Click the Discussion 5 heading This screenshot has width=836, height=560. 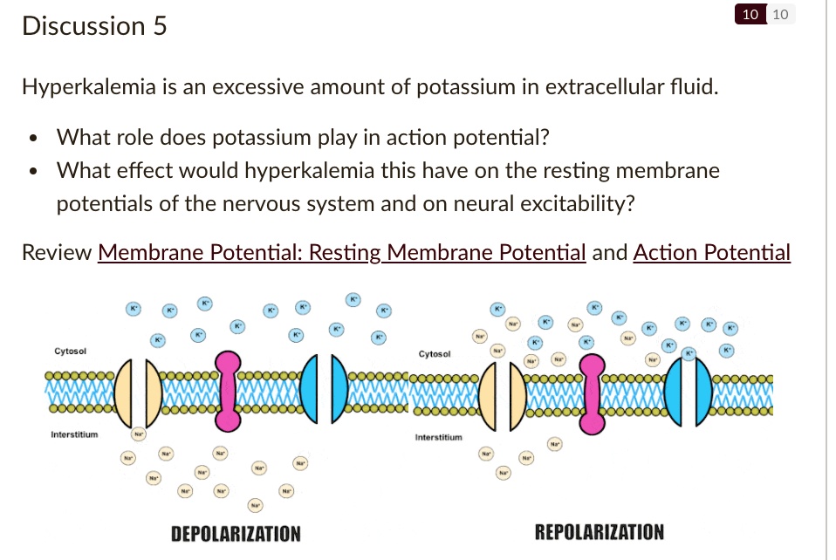coord(94,26)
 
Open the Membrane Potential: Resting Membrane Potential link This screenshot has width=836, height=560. coord(341,253)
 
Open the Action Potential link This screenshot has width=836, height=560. coord(711,253)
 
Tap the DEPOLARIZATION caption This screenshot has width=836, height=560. coord(236,533)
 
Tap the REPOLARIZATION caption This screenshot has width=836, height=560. coord(599,531)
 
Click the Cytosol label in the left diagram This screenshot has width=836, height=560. coord(70,351)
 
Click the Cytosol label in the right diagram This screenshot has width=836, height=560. coord(435,354)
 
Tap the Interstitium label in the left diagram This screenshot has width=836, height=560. coord(74,434)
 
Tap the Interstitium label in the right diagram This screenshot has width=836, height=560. coord(439,436)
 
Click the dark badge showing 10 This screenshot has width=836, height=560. coord(749,14)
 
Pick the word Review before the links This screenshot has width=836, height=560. coord(57,253)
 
